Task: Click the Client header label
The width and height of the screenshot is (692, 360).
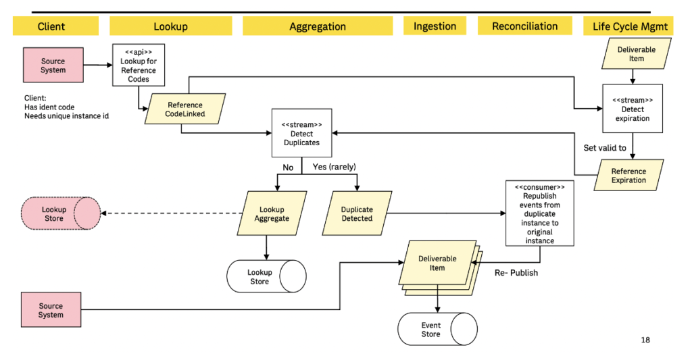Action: click(51, 26)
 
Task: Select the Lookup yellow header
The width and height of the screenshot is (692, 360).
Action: click(170, 26)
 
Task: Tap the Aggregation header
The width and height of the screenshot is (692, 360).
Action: click(318, 26)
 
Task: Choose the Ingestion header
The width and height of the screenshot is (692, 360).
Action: click(435, 26)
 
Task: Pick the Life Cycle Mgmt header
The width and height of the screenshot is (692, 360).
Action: click(630, 26)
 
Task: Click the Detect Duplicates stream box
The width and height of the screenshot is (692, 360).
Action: click(301, 134)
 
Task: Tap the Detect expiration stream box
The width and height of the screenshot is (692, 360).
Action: click(633, 109)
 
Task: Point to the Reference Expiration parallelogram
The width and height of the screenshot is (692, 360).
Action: click(628, 176)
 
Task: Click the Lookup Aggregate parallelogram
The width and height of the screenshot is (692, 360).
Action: click(272, 213)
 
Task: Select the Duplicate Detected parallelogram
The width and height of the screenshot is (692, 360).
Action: click(357, 213)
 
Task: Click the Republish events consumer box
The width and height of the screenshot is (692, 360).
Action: click(539, 213)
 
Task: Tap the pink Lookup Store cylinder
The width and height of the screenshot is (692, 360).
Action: click(59, 213)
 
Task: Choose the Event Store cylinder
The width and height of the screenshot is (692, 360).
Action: click(437, 330)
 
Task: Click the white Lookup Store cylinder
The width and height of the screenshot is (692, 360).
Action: click(266, 277)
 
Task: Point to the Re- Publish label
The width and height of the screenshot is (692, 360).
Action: click(516, 273)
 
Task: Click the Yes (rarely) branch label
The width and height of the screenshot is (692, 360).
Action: click(334, 167)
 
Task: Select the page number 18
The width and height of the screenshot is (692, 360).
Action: click(645, 340)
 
